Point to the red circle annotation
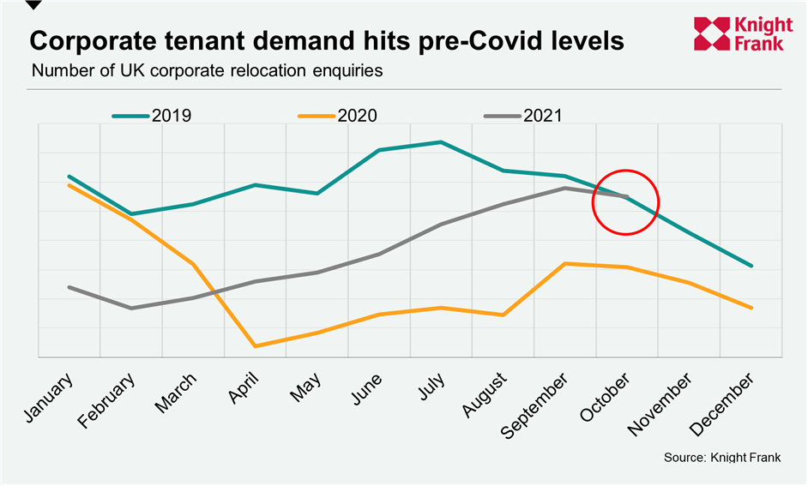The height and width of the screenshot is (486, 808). (625, 201)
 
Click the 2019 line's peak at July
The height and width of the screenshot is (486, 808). (441, 142)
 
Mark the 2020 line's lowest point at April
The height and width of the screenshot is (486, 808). (255, 346)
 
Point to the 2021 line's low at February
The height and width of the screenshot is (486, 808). (131, 308)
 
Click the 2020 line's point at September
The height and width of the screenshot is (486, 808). (564, 263)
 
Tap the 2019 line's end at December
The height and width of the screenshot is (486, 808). (751, 266)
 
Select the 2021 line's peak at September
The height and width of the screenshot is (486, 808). (564, 188)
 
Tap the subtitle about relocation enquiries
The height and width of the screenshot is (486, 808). (207, 70)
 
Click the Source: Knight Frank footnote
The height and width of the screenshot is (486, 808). (722, 458)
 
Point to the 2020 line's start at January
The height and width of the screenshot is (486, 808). (69, 184)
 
